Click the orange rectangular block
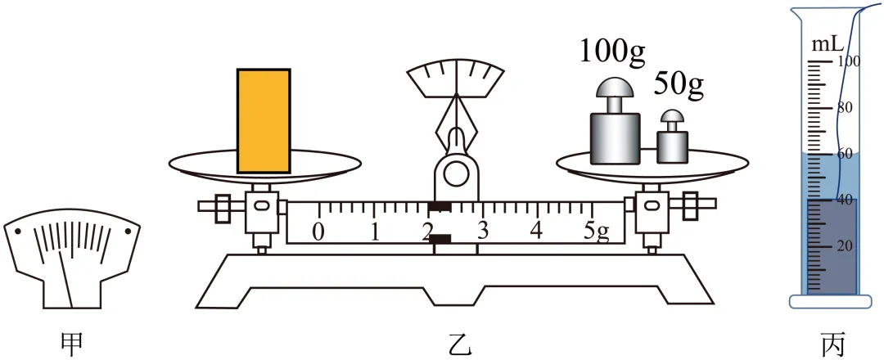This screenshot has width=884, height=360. [264, 120]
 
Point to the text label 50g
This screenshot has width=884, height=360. [679, 86]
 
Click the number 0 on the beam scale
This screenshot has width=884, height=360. [318, 231]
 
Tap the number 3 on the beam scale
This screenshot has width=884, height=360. [483, 231]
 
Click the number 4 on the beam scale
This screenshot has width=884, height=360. [537, 231]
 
